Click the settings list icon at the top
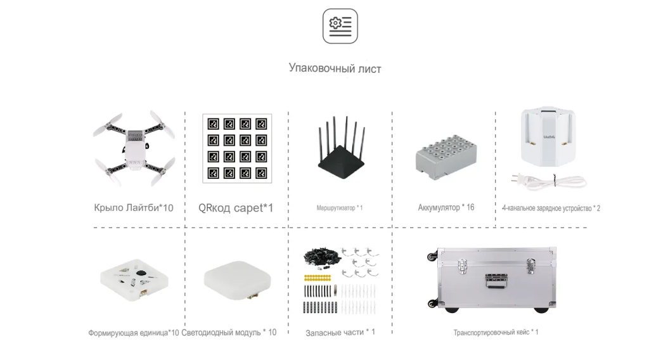(340, 26)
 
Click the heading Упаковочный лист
(335, 68)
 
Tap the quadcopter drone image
(136, 148)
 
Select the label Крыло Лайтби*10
(133, 207)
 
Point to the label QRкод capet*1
(235, 207)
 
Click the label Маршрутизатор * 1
(340, 208)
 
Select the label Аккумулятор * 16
(446, 207)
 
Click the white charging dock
(548, 136)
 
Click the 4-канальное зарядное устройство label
(551, 208)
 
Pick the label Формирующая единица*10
(133, 333)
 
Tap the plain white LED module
(236, 279)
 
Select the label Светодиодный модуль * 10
(229, 333)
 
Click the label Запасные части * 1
(340, 332)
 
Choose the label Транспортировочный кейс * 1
(496, 332)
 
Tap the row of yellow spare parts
(317, 277)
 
